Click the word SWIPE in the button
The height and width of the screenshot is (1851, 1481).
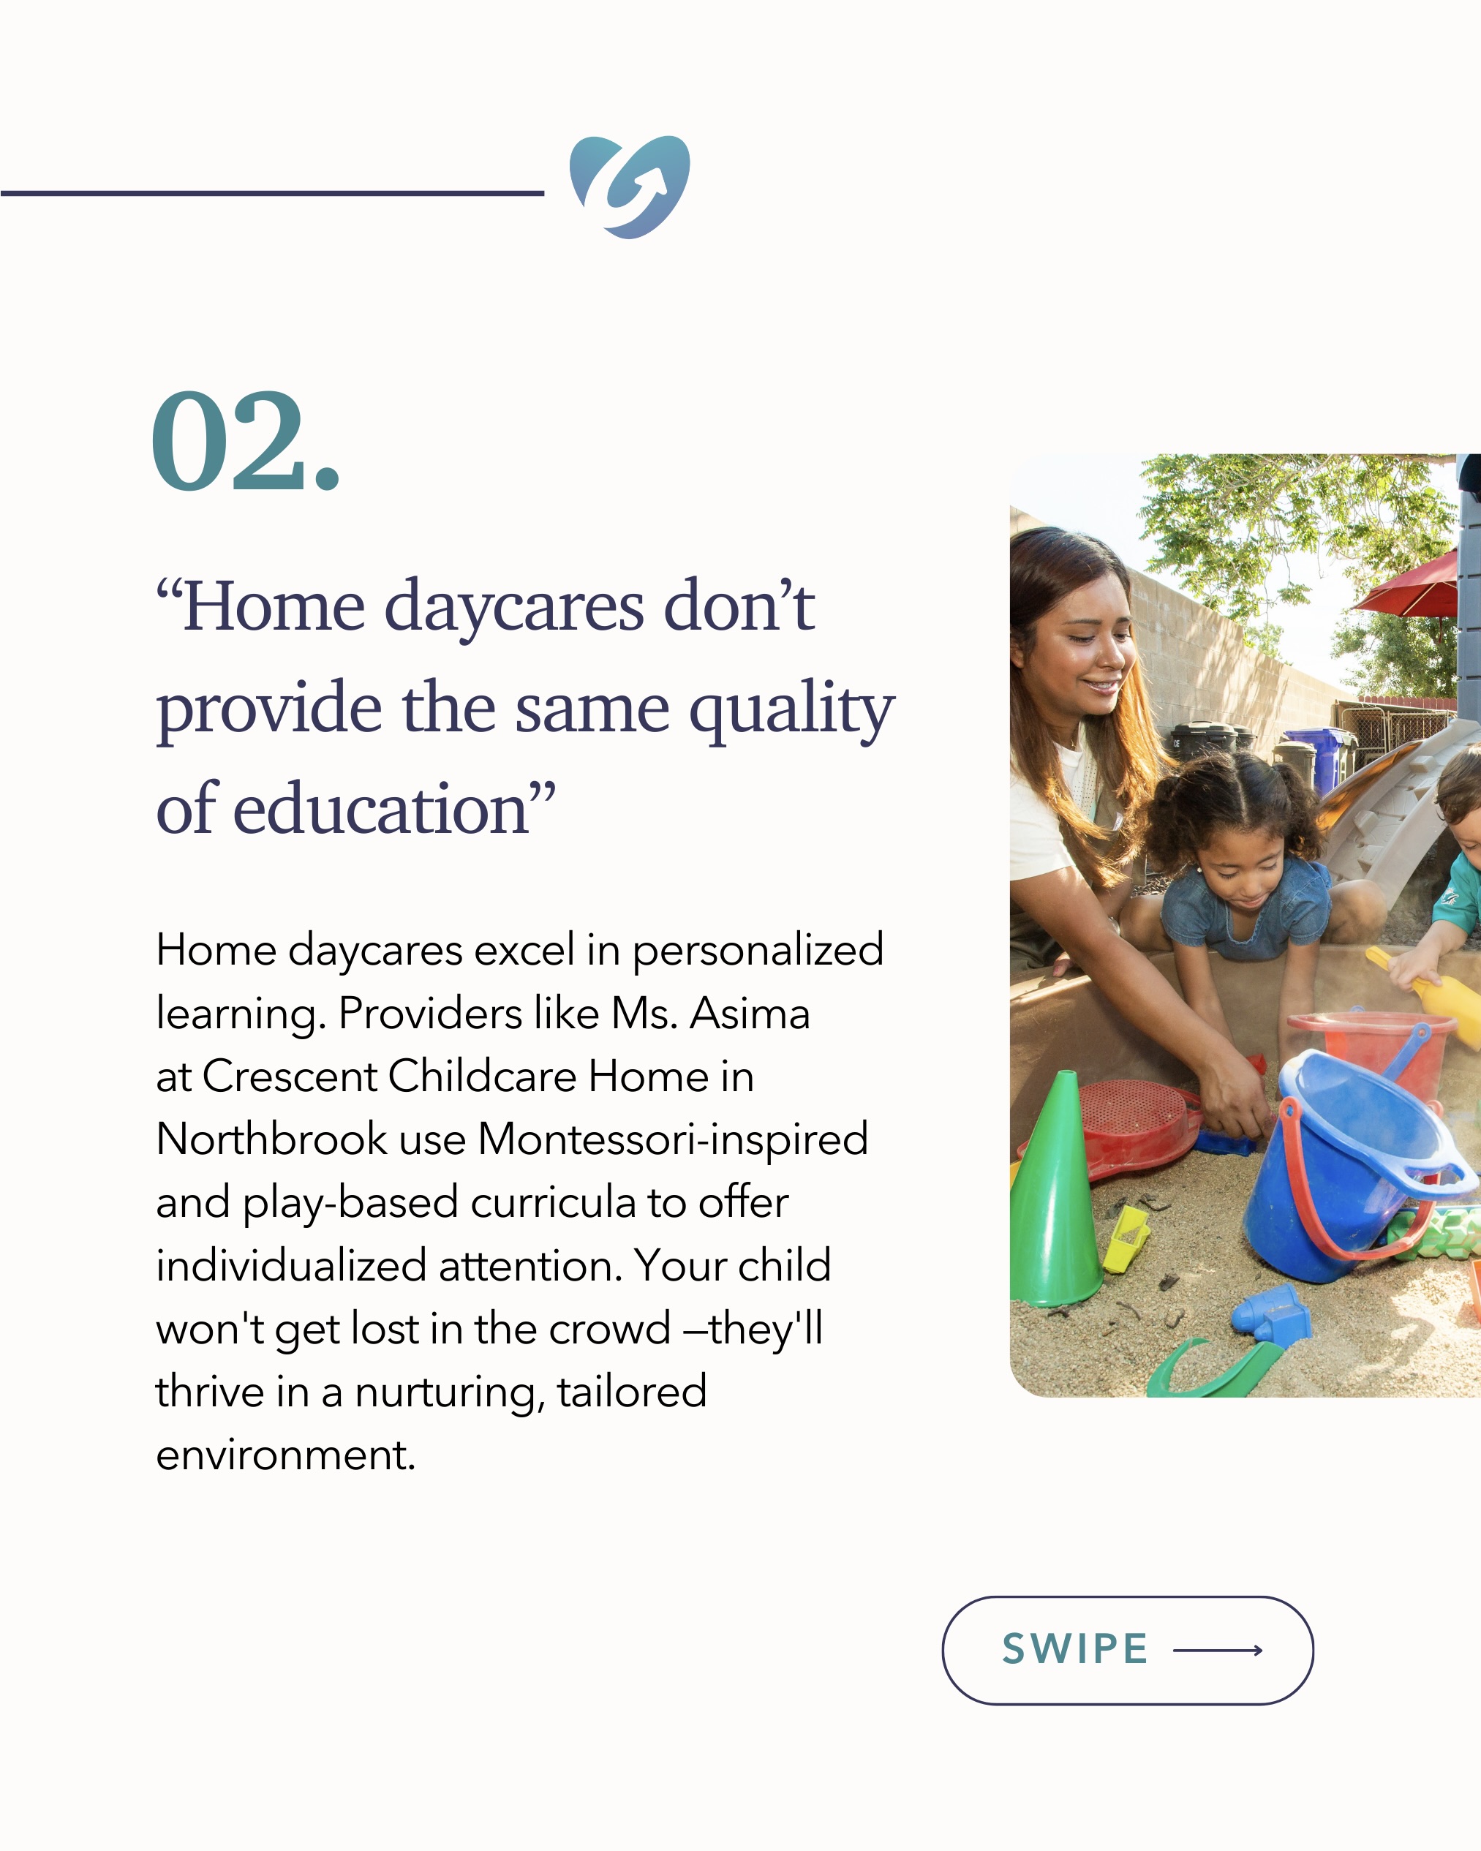pyautogui.click(x=1075, y=1648)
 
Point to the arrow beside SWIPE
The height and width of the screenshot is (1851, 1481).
pyautogui.click(x=1218, y=1649)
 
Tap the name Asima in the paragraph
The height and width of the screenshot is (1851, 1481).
pyautogui.click(x=750, y=1013)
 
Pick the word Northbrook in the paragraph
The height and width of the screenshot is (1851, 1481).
pyautogui.click(x=272, y=1139)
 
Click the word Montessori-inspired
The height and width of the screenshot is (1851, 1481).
pyautogui.click(x=673, y=1140)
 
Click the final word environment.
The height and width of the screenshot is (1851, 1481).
pyautogui.click(x=286, y=1455)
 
